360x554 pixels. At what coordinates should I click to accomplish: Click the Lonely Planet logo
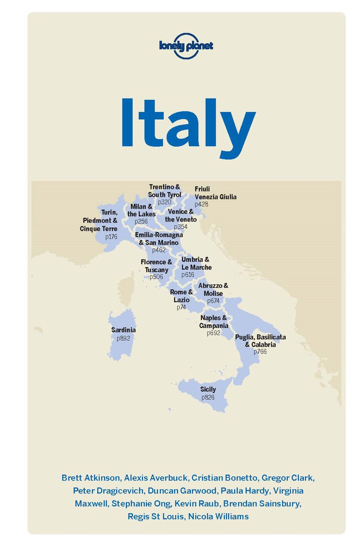[x=186, y=46]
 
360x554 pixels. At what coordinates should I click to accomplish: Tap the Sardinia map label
[x=123, y=330]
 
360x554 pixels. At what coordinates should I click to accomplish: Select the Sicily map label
[x=208, y=389]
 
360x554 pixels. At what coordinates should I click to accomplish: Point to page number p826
[x=208, y=397]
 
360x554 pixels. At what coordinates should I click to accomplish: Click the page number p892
[x=123, y=338]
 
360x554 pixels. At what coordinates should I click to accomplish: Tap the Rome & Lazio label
[x=181, y=296]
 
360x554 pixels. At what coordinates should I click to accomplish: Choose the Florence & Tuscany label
[x=156, y=266]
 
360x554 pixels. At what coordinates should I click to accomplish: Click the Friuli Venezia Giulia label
[x=215, y=193]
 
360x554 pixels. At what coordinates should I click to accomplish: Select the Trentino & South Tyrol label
[x=165, y=191]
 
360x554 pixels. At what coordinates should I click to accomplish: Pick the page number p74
[x=181, y=307]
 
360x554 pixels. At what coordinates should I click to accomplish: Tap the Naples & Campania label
[x=214, y=322]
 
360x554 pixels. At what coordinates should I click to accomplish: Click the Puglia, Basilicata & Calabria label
[x=260, y=341]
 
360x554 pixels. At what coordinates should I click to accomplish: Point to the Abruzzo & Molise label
[x=213, y=290]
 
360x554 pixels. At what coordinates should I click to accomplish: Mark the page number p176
[x=111, y=237]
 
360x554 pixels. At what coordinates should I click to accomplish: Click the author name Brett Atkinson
[x=91, y=478]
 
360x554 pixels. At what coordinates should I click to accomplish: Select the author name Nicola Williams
[x=218, y=517]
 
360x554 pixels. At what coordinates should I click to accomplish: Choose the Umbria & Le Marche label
[x=196, y=263]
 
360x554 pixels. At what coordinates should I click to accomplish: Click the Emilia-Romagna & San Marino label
[x=159, y=238]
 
